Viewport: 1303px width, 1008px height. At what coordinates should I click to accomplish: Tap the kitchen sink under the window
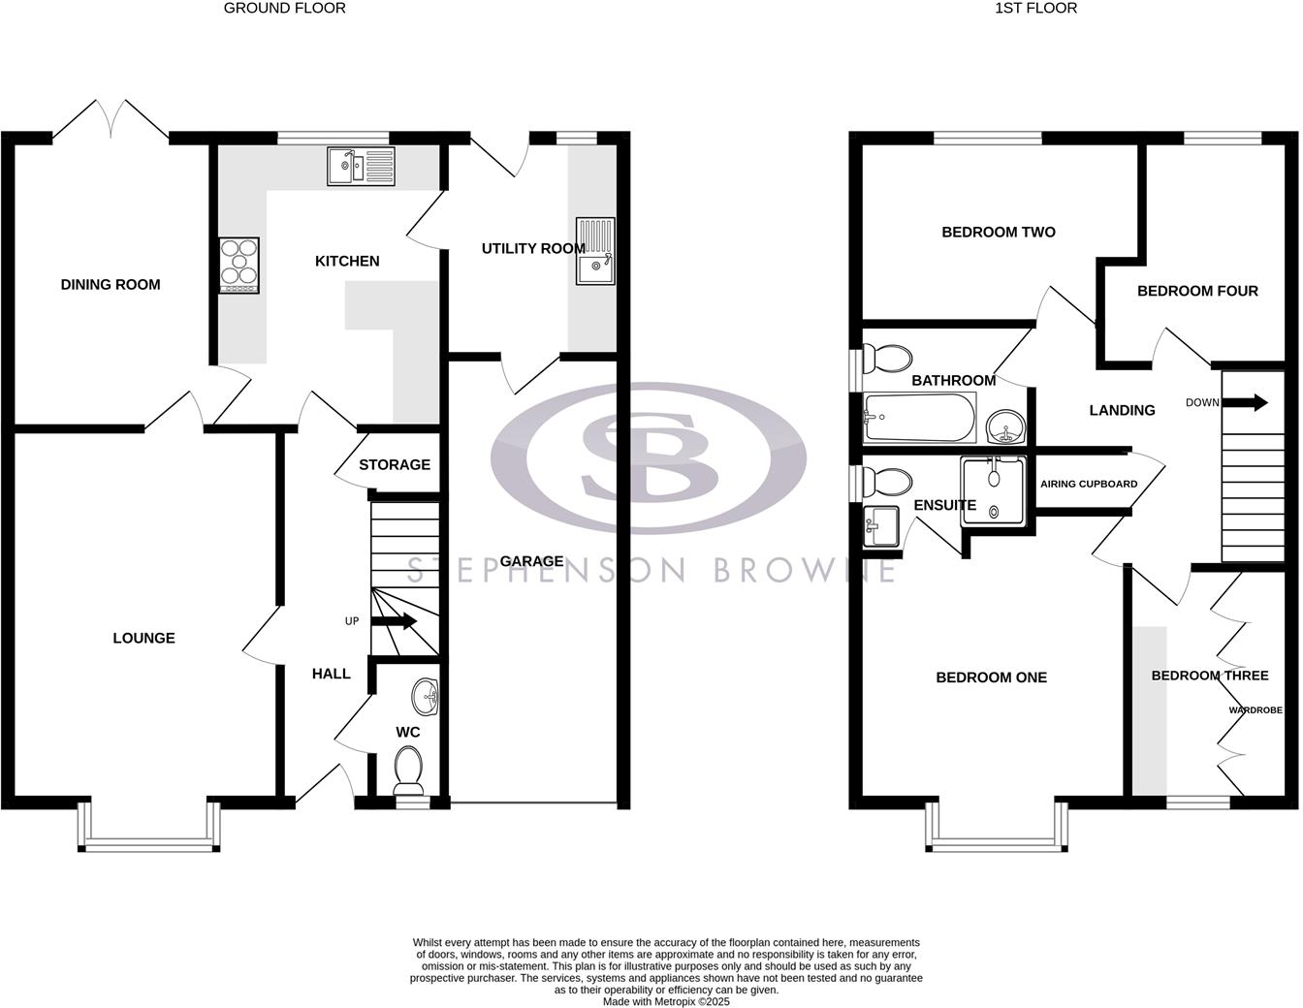(361, 165)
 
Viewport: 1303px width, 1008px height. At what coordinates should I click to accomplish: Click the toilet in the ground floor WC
(409, 772)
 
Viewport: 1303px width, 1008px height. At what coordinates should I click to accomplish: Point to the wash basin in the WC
(425, 694)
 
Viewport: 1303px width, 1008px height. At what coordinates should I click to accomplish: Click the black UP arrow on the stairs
(394, 621)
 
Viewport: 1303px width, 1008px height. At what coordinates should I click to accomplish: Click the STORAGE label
(395, 465)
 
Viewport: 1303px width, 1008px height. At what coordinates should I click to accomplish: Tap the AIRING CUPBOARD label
(1089, 484)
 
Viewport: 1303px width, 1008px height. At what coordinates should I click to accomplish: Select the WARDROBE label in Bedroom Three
(1255, 710)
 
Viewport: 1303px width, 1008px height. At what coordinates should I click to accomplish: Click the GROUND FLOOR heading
(284, 8)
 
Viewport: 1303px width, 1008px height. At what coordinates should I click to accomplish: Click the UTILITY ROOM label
(533, 249)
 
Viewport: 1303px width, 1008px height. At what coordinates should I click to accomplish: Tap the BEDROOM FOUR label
(1197, 291)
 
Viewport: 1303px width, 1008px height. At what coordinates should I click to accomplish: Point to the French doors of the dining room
(111, 121)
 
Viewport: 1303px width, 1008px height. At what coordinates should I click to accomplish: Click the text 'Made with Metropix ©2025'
(666, 1002)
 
